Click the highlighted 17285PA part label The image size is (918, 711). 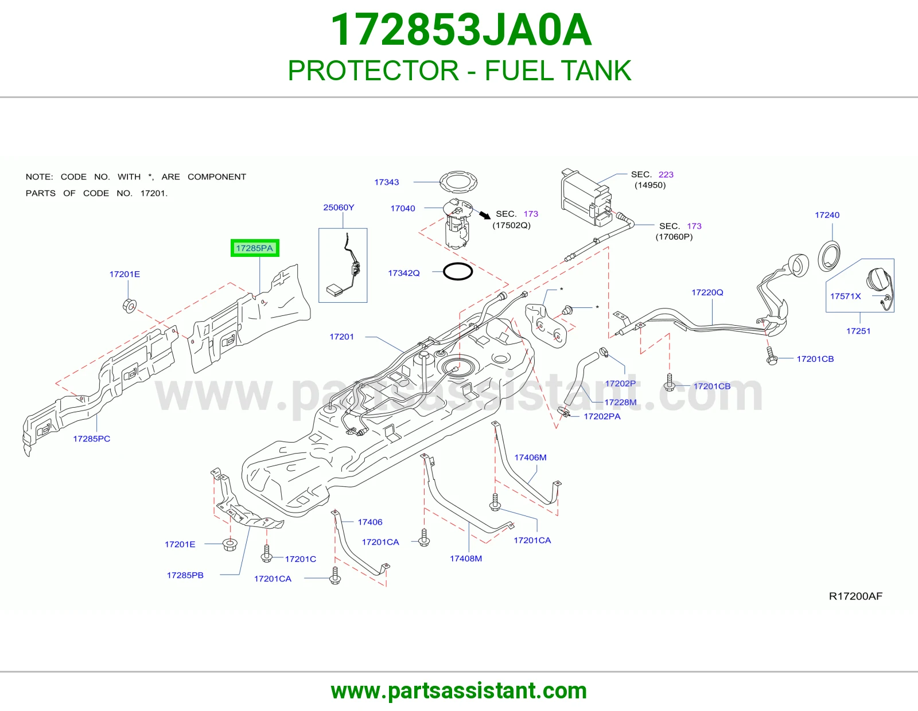254,248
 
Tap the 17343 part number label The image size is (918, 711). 386,182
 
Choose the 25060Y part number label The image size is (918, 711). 339,208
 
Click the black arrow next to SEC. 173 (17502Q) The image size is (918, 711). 485,215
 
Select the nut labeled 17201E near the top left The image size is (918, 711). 129,305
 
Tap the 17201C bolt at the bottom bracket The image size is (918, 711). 266,553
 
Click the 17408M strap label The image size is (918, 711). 465,558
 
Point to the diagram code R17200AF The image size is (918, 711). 855,596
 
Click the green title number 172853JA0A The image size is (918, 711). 461,30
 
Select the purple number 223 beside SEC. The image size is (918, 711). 666,174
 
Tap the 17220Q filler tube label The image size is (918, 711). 707,292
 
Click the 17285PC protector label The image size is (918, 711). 91,439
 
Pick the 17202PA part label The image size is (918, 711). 602,416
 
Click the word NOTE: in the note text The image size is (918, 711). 39,177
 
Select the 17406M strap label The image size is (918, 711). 530,457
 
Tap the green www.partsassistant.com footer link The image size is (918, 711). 459,691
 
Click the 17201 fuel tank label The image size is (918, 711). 341,337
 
